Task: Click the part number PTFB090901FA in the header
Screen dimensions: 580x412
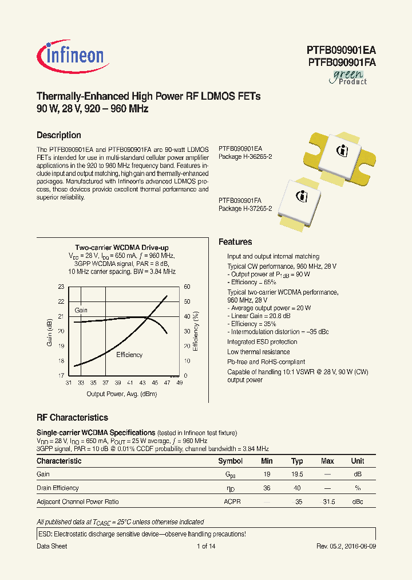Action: (341, 63)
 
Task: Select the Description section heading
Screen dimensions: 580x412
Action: (58, 135)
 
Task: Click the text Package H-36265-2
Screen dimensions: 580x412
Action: (245, 156)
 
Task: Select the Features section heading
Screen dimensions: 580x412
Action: (235, 242)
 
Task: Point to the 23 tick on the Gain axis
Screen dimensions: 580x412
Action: (61, 287)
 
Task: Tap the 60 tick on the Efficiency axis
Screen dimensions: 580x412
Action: (187, 287)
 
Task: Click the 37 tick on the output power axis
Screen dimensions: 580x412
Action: (105, 382)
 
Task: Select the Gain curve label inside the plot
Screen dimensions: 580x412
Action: (81, 310)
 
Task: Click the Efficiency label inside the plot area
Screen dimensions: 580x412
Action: (129, 355)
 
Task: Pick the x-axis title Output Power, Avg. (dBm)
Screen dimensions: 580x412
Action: (121, 394)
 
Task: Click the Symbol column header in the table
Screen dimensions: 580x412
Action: (231, 461)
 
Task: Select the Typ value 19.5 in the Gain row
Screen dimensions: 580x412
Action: (297, 475)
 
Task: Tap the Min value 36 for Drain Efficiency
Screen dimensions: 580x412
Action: (267, 488)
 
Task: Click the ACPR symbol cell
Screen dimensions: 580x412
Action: (232, 501)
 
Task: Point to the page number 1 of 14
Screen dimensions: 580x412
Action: (205, 546)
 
